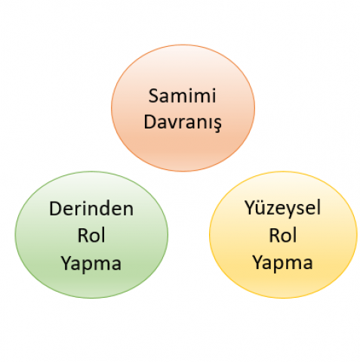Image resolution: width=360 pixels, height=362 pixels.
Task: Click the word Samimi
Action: [182, 96]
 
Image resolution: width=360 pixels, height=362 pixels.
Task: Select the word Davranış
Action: [183, 122]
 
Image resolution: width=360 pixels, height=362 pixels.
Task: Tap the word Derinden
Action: [91, 209]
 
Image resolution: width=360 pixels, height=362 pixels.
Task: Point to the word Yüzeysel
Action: [283, 208]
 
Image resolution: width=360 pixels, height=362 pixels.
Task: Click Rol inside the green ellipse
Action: [91, 235]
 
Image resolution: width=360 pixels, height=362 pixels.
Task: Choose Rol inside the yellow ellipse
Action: [283, 235]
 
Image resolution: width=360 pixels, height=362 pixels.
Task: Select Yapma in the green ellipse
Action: [91, 264]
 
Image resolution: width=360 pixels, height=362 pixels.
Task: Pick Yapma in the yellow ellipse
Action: [283, 264]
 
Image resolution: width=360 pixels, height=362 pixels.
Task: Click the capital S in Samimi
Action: [153, 96]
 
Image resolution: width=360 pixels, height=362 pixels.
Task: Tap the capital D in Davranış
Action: [150, 122]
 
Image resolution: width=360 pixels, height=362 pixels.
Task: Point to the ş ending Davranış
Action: [217, 125]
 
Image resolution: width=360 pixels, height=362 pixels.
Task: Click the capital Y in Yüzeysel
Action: [251, 208]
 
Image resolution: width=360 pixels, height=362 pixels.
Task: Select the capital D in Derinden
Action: [56, 209]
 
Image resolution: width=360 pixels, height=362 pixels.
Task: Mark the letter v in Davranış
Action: [171, 124]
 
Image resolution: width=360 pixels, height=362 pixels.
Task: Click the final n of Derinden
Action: [128, 211]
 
